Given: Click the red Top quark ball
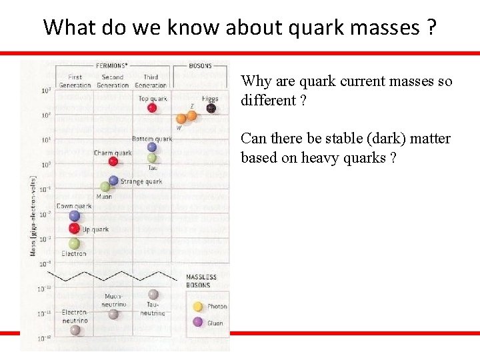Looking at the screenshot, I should (x=152, y=107).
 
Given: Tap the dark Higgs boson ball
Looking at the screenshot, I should (x=211, y=107).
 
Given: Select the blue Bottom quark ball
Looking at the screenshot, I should (x=152, y=147).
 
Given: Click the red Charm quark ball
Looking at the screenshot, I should (x=113, y=161).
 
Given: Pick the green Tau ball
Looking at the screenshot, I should (x=152, y=158).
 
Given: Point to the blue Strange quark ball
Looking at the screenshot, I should (x=113, y=180).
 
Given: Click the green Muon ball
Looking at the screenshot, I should (x=105, y=187).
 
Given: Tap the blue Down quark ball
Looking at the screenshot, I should (x=75, y=216).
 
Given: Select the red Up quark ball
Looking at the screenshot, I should (x=75, y=229).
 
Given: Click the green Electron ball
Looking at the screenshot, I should (x=74, y=244).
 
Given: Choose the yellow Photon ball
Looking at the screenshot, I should (x=197, y=307).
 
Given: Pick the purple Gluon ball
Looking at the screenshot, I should (x=197, y=323).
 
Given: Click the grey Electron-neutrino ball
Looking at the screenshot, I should (x=75, y=329).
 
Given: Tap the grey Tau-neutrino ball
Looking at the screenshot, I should (x=153, y=294).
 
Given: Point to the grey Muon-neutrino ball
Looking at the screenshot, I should (x=113, y=313).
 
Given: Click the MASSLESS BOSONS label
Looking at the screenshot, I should (x=201, y=281).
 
